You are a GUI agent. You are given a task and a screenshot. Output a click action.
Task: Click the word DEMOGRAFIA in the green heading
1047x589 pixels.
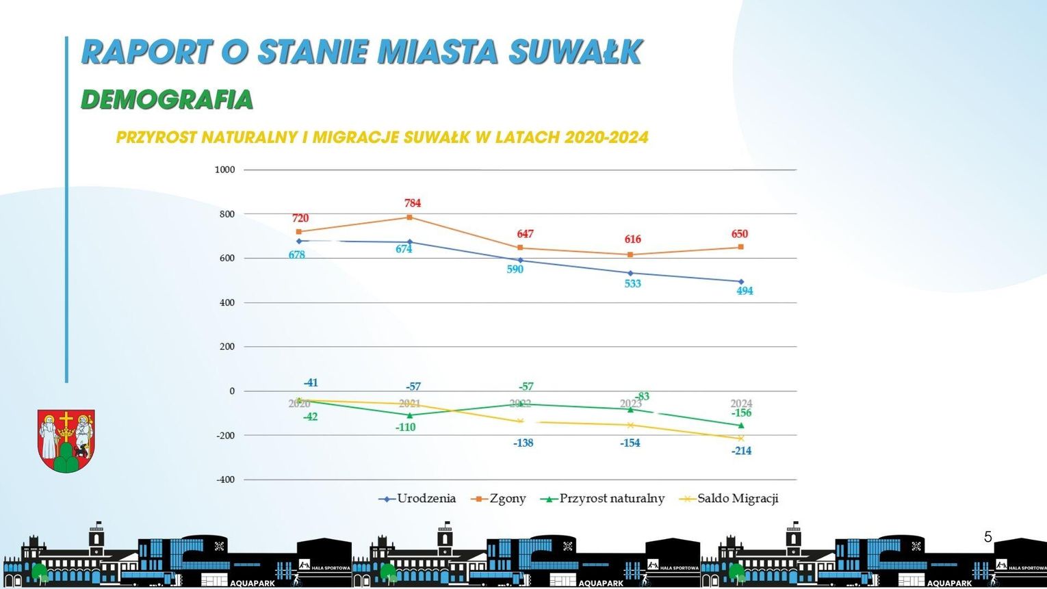click(167, 100)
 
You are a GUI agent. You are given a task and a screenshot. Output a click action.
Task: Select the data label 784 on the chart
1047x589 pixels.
click(412, 203)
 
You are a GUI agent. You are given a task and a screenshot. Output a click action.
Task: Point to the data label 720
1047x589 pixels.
click(300, 218)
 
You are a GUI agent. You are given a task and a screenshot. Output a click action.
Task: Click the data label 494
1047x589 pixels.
click(745, 291)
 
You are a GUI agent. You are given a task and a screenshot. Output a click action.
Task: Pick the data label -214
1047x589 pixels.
click(741, 451)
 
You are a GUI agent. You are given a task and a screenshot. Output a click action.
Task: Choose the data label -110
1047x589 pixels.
click(405, 428)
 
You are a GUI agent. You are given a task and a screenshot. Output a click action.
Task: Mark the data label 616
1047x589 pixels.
click(632, 239)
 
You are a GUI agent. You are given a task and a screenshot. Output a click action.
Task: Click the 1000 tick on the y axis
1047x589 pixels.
click(224, 170)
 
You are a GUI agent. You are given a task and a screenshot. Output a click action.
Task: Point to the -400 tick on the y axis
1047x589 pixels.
click(225, 480)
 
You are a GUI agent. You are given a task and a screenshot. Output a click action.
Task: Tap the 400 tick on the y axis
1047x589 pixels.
click(227, 302)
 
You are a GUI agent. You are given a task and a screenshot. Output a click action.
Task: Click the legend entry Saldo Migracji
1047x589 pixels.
click(737, 499)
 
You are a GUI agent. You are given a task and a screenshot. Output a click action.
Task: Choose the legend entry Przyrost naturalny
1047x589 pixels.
click(611, 499)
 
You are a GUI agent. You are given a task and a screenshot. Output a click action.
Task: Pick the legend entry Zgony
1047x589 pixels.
click(507, 499)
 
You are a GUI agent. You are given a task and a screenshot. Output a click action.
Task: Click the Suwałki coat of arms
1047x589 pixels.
click(66, 441)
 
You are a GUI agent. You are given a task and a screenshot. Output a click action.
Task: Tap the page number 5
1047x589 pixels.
click(987, 537)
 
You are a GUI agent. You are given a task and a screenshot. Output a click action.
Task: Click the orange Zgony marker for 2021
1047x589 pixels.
click(409, 218)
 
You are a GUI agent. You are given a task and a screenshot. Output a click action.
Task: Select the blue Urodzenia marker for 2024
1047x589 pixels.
click(741, 281)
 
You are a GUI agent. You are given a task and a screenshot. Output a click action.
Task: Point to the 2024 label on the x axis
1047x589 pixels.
click(741, 403)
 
